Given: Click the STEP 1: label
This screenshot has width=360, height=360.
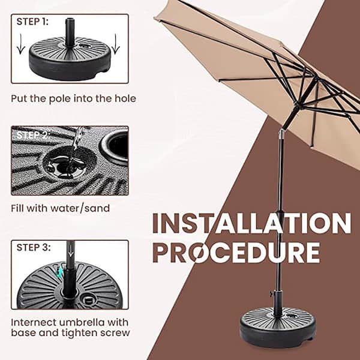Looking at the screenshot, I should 34,22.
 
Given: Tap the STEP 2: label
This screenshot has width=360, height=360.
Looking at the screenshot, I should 34,134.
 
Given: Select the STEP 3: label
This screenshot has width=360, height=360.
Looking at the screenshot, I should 34,247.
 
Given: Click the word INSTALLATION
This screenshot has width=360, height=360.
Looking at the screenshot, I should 251,224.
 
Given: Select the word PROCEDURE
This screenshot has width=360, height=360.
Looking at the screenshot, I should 235,253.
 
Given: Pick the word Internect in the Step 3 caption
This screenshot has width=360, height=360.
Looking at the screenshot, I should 34,321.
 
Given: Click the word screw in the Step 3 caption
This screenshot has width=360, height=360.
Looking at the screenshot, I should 116,332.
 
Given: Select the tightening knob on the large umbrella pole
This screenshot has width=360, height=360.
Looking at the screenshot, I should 271,294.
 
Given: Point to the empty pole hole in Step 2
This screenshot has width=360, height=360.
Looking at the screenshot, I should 115,145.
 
